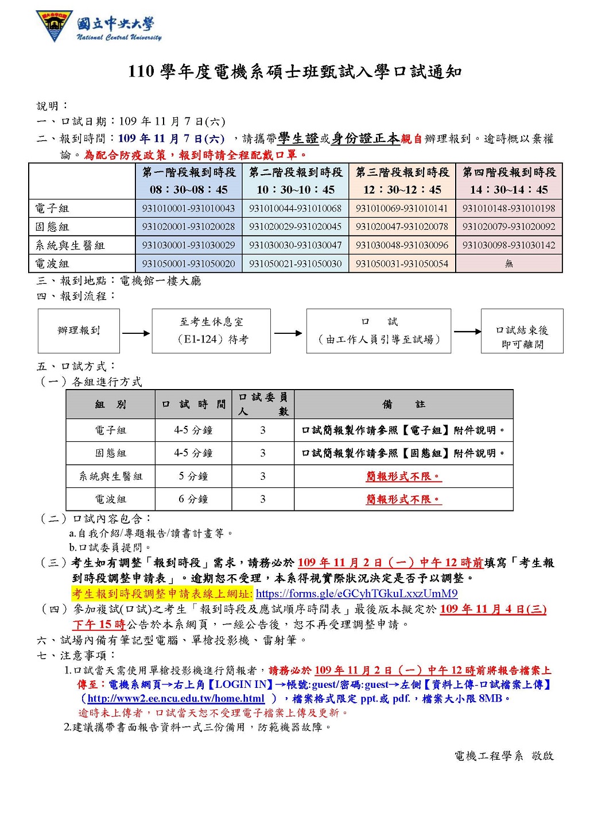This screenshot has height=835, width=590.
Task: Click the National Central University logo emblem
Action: pos(55,25)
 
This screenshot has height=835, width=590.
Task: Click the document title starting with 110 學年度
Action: pos(294,72)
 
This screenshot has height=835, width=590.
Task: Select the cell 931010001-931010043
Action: pos(188,209)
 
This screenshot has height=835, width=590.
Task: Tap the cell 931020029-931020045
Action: pos(295,227)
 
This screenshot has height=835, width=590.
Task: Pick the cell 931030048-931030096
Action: pos(402,245)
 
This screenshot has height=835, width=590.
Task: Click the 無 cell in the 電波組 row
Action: pos(509,264)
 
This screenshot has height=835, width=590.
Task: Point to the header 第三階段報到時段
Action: pos(402,172)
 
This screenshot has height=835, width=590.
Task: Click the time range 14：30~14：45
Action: pos(509,190)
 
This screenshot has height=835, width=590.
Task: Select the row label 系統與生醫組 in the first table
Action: pos(70,245)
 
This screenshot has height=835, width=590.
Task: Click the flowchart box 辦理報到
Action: pos(79,330)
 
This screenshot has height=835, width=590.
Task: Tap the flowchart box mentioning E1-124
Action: pos(211,330)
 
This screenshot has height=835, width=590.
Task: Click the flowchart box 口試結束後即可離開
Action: pos(522,337)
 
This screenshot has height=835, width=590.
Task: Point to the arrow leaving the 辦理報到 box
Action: pos(135,333)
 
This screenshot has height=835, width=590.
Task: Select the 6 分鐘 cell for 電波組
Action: pos(193,499)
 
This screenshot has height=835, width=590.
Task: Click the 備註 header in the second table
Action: pos(403,405)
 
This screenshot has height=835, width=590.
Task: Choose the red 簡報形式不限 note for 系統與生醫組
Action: pos(403,476)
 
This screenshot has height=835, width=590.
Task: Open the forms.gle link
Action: pos(356,594)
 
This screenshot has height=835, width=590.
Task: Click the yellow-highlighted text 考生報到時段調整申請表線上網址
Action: pos(162,594)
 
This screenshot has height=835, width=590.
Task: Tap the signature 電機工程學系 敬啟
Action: pos(504,756)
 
